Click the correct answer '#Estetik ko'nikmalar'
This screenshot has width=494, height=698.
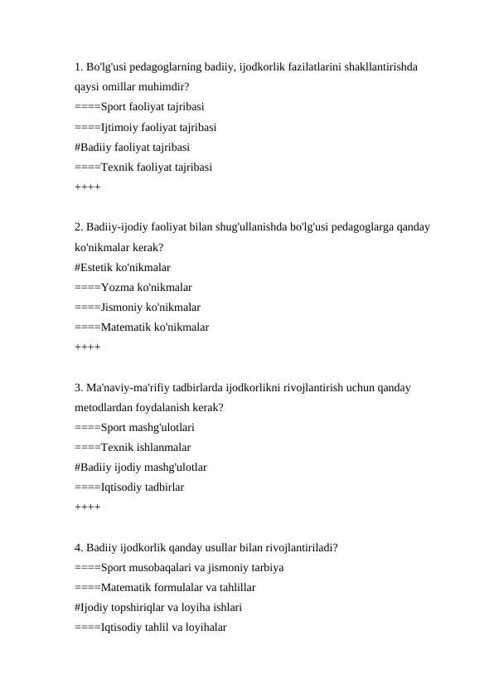tap(123, 268)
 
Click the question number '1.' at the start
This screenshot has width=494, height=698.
tap(79, 66)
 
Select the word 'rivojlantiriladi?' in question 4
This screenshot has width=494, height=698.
tap(299, 548)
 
